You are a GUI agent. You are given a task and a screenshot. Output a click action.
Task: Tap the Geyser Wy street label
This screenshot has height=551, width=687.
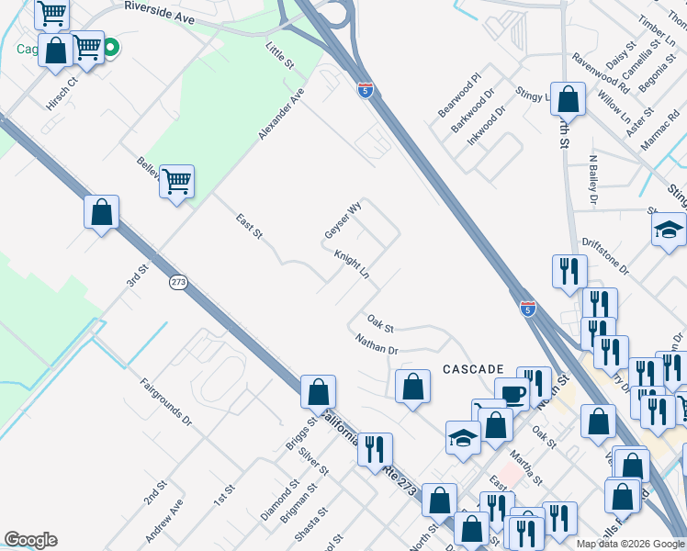pyautogui.click(x=343, y=221)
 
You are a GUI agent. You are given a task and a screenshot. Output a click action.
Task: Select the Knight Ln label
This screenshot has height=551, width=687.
pyautogui.click(x=352, y=266)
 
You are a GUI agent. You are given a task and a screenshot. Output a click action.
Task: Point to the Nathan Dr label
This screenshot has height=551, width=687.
pyautogui.click(x=377, y=344)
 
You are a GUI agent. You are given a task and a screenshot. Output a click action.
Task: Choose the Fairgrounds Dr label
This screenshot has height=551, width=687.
pyautogui.click(x=165, y=403)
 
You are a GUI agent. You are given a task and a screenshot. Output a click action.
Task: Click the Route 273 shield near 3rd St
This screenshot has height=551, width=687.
pyautogui.click(x=178, y=282)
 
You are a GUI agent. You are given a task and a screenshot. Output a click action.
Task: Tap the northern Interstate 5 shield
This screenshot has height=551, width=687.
pyautogui.click(x=366, y=89)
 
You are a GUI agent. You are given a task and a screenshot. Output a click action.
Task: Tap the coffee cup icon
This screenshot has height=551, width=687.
pyautogui.click(x=512, y=395)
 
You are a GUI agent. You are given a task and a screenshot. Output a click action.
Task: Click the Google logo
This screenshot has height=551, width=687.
pyautogui.click(x=30, y=540)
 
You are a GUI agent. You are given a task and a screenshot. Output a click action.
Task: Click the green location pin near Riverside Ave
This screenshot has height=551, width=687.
pyautogui.click(x=110, y=47)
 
